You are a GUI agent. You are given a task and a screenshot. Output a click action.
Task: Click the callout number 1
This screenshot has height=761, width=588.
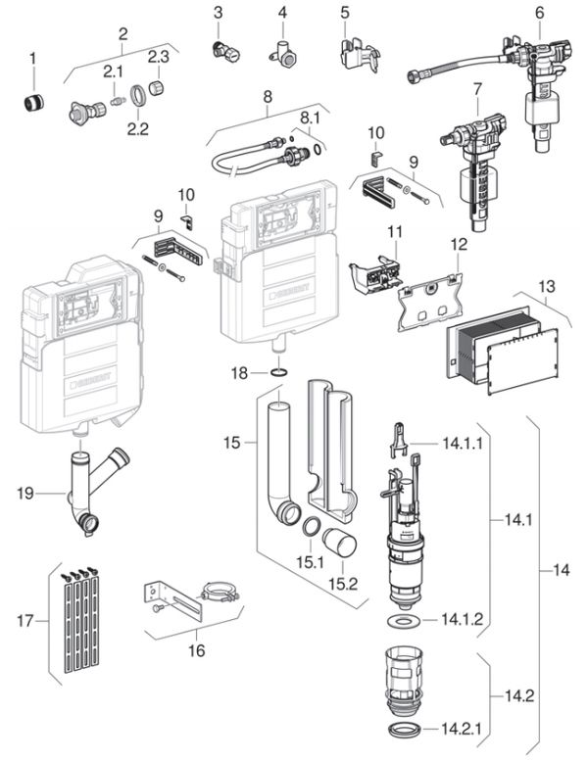(x=32, y=58)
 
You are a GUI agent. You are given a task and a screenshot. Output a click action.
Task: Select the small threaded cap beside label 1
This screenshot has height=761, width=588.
(x=33, y=100)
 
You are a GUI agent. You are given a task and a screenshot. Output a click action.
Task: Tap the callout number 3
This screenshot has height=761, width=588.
(x=219, y=13)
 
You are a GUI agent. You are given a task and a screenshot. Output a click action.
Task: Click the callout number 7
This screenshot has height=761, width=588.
(x=478, y=92)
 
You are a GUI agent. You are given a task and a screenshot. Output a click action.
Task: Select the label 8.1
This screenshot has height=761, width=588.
(x=309, y=118)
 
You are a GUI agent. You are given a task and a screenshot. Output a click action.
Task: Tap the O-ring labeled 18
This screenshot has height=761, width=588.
(x=278, y=373)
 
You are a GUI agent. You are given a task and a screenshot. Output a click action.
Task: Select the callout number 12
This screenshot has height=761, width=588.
(x=459, y=242)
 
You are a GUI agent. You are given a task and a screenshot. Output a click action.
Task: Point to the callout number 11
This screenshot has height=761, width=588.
(x=394, y=233)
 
